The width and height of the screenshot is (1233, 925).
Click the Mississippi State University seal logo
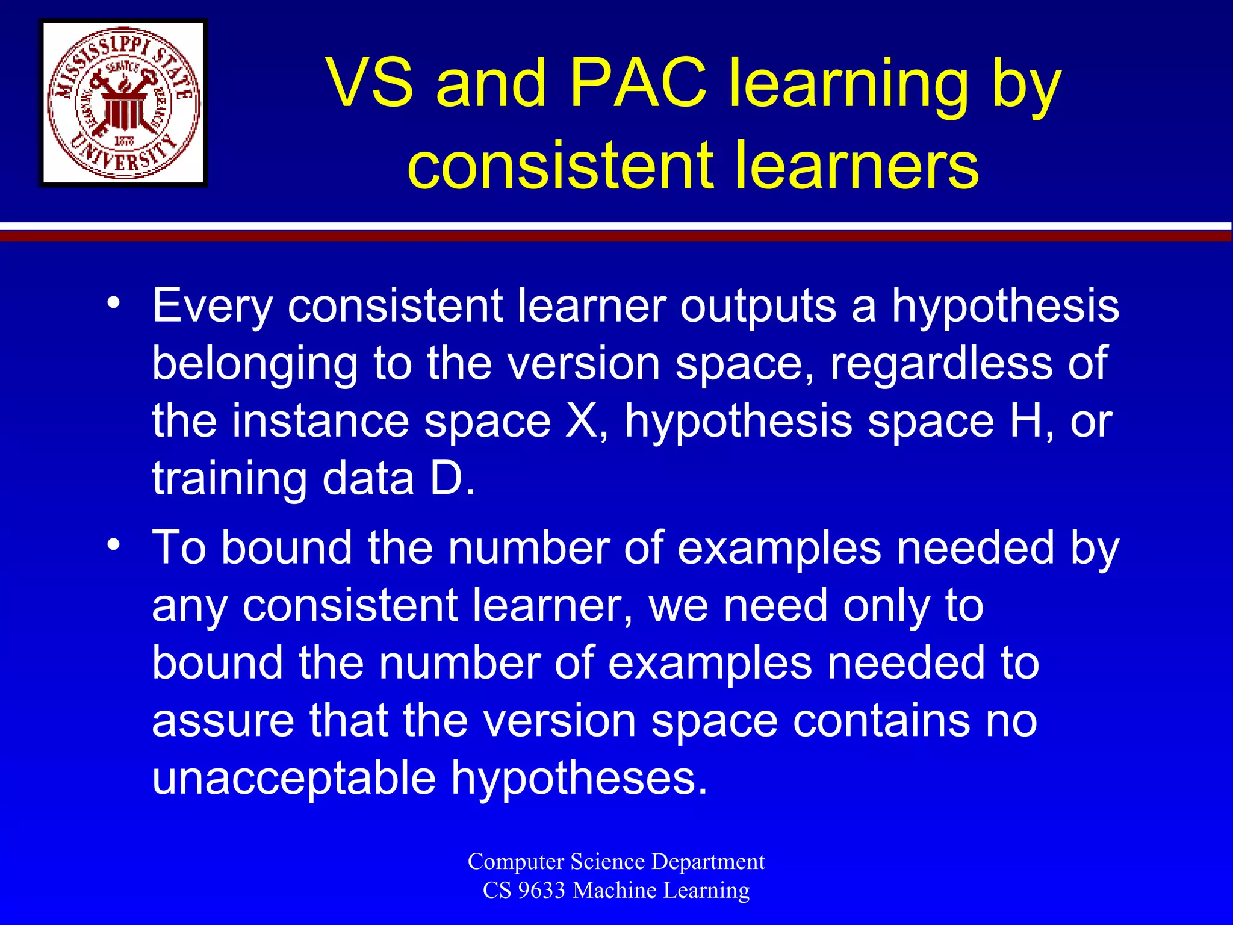click(123, 103)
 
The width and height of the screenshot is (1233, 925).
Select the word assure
click(223, 721)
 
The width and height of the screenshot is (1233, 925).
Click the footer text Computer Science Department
click(616, 861)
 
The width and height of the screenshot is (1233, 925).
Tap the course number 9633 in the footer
click(542, 890)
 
